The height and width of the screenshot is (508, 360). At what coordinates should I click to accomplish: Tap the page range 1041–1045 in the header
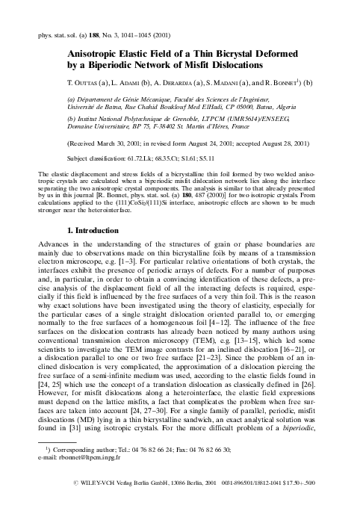136,34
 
